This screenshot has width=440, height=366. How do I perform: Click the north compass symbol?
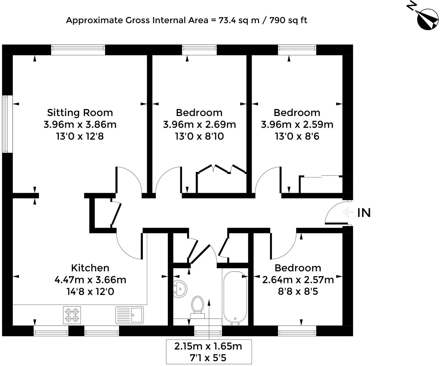point(427,19)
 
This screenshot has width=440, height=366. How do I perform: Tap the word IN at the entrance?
point(364,213)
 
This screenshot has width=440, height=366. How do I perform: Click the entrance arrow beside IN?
point(348,212)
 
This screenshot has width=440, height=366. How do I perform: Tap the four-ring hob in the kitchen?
point(72,315)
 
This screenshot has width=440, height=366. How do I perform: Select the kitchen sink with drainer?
point(130,315)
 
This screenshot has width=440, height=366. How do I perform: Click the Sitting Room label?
point(80,113)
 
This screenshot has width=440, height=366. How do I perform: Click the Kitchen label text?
point(90,268)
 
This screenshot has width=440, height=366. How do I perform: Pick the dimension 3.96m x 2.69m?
point(199,124)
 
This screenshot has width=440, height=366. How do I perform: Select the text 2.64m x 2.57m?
point(298,280)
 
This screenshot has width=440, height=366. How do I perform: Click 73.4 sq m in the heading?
point(239,20)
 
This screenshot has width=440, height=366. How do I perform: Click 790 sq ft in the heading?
point(288,20)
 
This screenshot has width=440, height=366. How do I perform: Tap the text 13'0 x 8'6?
point(297,136)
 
